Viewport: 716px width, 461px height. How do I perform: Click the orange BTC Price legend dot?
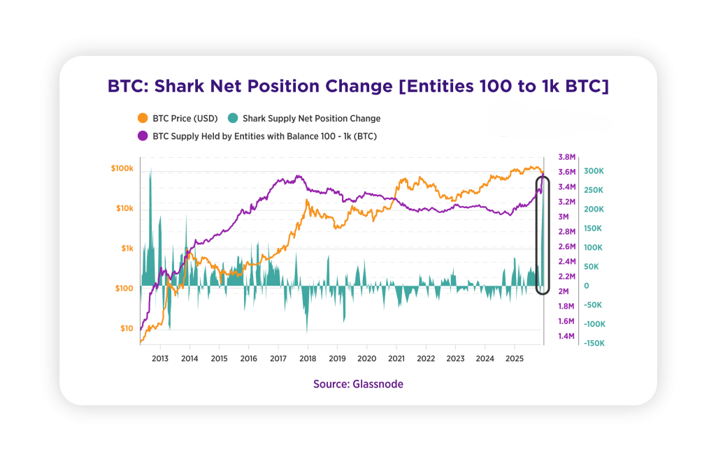(x=143, y=118)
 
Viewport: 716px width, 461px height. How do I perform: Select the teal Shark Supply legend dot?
(x=232, y=118)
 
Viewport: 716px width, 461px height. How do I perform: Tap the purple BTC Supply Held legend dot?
(x=143, y=136)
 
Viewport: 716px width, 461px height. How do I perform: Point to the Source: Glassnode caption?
(x=358, y=384)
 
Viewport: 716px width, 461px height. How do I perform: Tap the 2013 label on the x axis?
(x=160, y=358)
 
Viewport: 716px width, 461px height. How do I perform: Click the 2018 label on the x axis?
(x=308, y=358)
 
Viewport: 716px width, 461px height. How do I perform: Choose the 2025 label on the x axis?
(x=515, y=358)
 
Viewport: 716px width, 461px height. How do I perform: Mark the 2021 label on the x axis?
(x=396, y=358)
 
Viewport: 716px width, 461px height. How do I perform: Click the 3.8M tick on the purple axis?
(x=566, y=157)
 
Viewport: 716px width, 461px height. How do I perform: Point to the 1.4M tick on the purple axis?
(x=566, y=336)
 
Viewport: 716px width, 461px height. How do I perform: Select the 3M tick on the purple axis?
(x=563, y=217)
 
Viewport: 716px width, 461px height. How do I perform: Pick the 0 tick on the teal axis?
(x=586, y=286)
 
